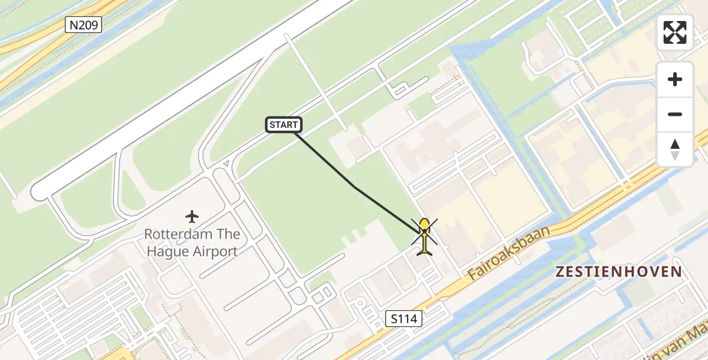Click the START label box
click(283, 125)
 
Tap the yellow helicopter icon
click(424, 236)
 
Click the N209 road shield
click(83, 25)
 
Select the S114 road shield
click(403, 319)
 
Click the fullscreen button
click(675, 32)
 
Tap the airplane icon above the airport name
click(192, 216)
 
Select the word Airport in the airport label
click(215, 251)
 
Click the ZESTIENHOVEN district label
click(618, 272)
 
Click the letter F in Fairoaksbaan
click(473, 275)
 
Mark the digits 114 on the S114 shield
click(407, 319)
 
